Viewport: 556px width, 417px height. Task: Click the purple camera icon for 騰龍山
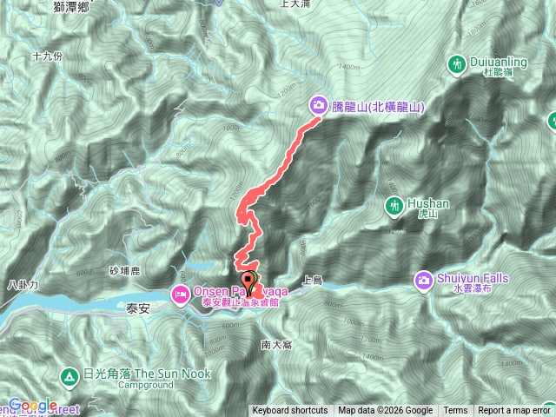click(x=319, y=106)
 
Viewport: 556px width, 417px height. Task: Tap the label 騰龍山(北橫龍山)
click(x=378, y=107)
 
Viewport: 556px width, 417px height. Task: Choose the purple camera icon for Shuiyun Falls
click(x=424, y=280)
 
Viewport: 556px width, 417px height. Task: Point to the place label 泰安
click(x=140, y=308)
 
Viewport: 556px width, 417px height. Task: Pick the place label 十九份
click(x=47, y=56)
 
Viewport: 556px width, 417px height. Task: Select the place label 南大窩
click(x=277, y=345)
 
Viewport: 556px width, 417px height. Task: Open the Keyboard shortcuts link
click(x=290, y=411)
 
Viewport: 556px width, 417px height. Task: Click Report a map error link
click(x=513, y=411)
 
